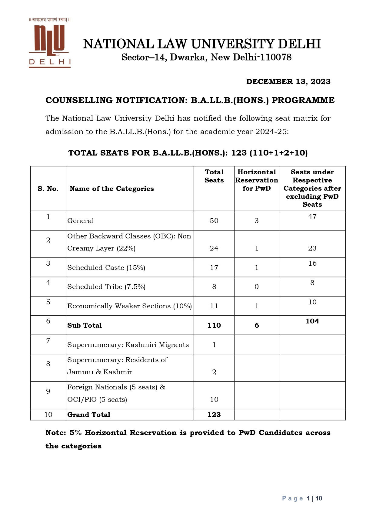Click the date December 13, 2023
click(288, 82)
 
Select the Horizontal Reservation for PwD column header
click(257, 180)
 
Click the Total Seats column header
click(214, 176)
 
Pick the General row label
click(81, 221)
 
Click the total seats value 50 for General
click(214, 221)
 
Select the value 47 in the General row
click(312, 217)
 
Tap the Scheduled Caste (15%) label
click(106, 268)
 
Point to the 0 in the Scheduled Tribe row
click(257, 287)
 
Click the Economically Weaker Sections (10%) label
click(129, 306)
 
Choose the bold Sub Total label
click(85, 326)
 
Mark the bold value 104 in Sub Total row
click(312, 321)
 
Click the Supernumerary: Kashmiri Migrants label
click(128, 345)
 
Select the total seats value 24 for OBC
click(214, 248)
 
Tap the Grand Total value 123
click(214, 415)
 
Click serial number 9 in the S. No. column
click(48, 392)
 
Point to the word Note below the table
click(55, 433)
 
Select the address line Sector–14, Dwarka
click(206, 57)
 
